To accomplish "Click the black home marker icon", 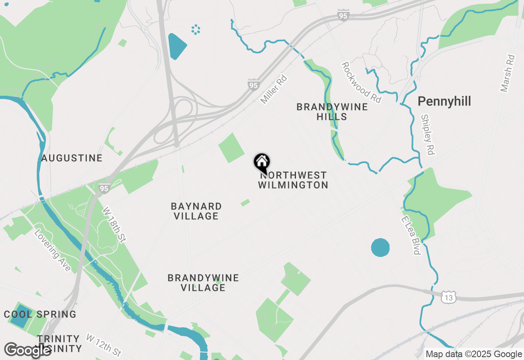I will [262, 162].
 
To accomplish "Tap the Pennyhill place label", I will [444, 101].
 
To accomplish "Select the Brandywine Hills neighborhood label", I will [332, 112].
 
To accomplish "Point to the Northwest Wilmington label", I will [293, 180].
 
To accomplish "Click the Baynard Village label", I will [196, 211].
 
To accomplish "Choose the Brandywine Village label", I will [203, 283].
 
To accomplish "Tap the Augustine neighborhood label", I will [72, 158].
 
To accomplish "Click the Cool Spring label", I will [40, 315].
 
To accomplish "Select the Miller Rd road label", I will [274, 89].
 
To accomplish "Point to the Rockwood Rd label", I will [361, 82].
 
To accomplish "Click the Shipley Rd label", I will [427, 134].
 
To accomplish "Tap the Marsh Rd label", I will [507, 73].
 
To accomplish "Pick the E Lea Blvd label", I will [411, 236].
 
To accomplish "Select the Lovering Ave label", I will [52, 251].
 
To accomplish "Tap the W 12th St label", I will [104, 345].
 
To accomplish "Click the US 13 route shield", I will [449, 298].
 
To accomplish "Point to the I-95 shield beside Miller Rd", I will [253, 85].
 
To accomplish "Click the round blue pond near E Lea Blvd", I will [380, 248].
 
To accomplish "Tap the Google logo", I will [27, 350].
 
